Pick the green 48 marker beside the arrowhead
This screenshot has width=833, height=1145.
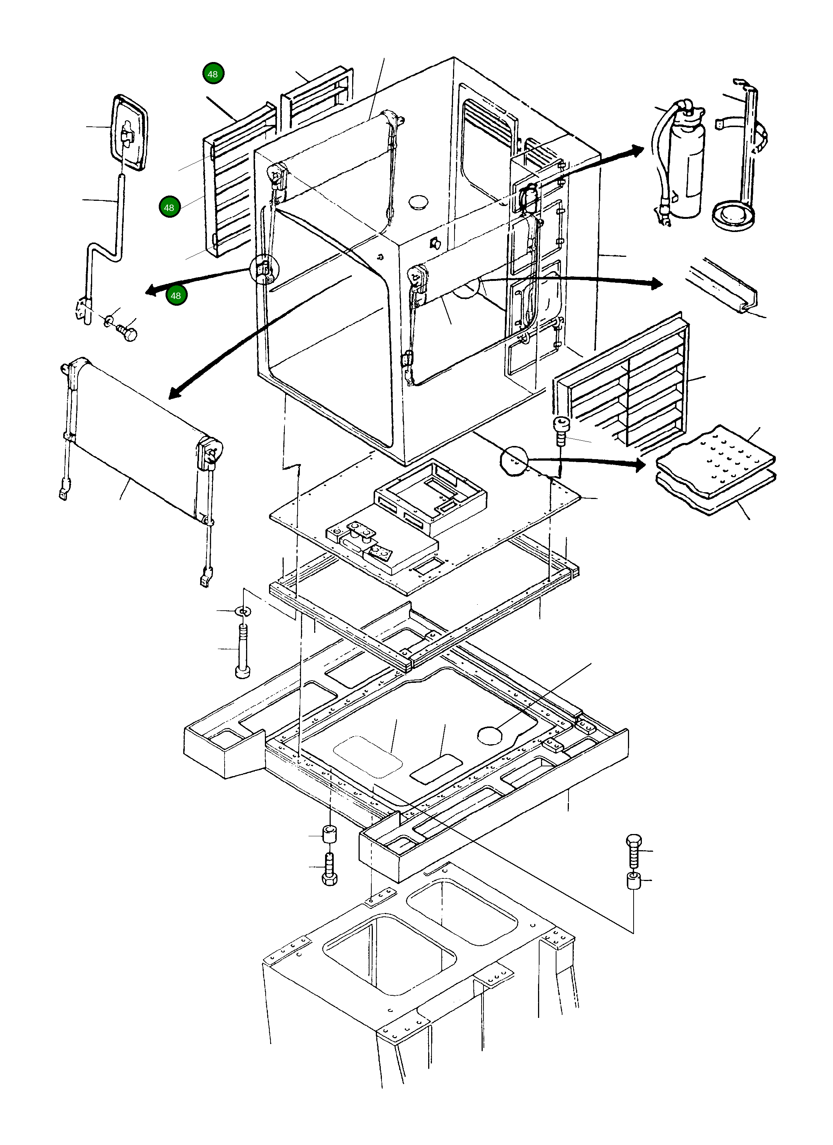[176, 295]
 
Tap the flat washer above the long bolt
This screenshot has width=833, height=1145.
[243, 611]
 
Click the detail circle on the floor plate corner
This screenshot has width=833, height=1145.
[514, 460]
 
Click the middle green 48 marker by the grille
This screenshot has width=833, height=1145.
[169, 208]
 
